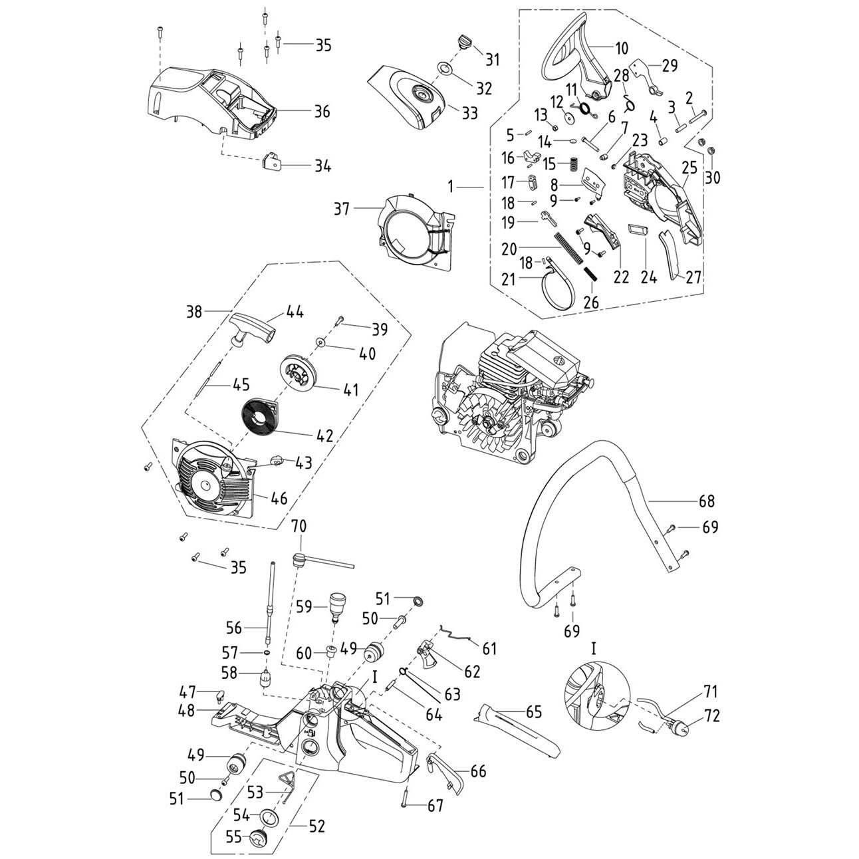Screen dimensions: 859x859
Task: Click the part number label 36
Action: click(x=322, y=112)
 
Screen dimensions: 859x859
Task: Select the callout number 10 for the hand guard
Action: click(x=621, y=49)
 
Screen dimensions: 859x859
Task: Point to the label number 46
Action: click(x=279, y=498)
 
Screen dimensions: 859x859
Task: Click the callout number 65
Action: click(x=534, y=711)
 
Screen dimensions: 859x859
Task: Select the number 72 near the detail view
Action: click(x=712, y=717)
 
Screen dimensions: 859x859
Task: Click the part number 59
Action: click(x=304, y=606)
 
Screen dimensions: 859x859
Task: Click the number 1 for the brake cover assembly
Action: click(x=451, y=188)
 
